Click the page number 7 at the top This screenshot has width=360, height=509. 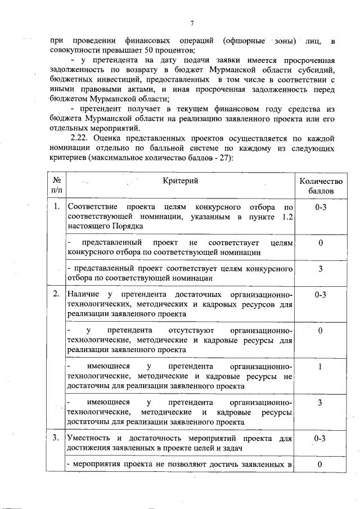pyautogui.click(x=191, y=22)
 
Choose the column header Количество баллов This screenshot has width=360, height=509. pyautogui.click(x=320, y=186)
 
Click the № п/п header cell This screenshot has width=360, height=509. pyautogui.click(x=56, y=186)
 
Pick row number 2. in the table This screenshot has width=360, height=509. pyautogui.click(x=56, y=294)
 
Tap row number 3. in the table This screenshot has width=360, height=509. pyautogui.click(x=56, y=438)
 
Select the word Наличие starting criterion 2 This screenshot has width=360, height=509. pyautogui.click(x=83, y=294)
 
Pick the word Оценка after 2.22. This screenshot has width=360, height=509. pyautogui.click(x=110, y=138)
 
